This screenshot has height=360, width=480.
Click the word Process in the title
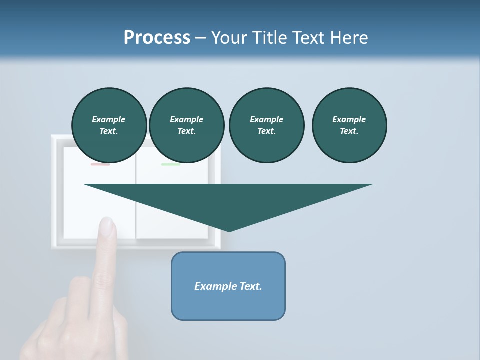[157, 38]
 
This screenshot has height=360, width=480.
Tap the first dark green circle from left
[109, 125]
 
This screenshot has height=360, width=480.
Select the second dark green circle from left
[186, 125]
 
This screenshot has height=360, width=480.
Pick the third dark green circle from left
[266, 125]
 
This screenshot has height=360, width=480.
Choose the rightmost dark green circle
[349, 125]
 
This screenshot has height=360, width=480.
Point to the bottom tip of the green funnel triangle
[229, 231]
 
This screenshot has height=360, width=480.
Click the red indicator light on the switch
[100, 164]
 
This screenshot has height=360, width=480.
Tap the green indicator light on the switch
[170, 164]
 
